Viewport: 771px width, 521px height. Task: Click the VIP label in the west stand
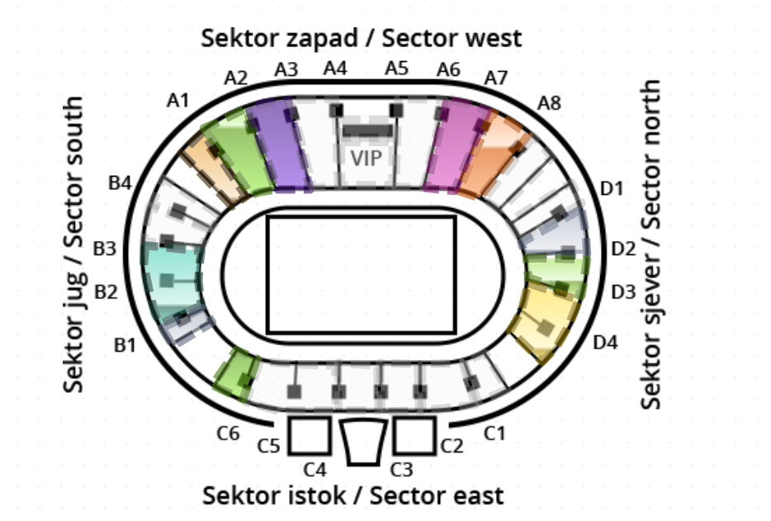[x=367, y=157]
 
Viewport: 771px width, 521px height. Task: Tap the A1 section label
[x=177, y=101]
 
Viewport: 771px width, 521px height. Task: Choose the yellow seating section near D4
[x=542, y=321]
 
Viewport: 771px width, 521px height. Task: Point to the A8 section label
[x=549, y=103]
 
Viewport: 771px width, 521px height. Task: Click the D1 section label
[x=612, y=188]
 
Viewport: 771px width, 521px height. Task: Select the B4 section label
[x=121, y=182]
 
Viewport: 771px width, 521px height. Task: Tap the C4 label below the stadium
[x=315, y=470]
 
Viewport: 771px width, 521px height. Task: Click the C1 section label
[x=494, y=432]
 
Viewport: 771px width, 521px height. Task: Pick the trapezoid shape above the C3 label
[x=363, y=442]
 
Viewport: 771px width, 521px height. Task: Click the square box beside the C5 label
[x=309, y=435]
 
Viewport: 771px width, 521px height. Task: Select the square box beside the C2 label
[x=414, y=435]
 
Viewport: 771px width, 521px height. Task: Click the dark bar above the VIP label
[x=367, y=130]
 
